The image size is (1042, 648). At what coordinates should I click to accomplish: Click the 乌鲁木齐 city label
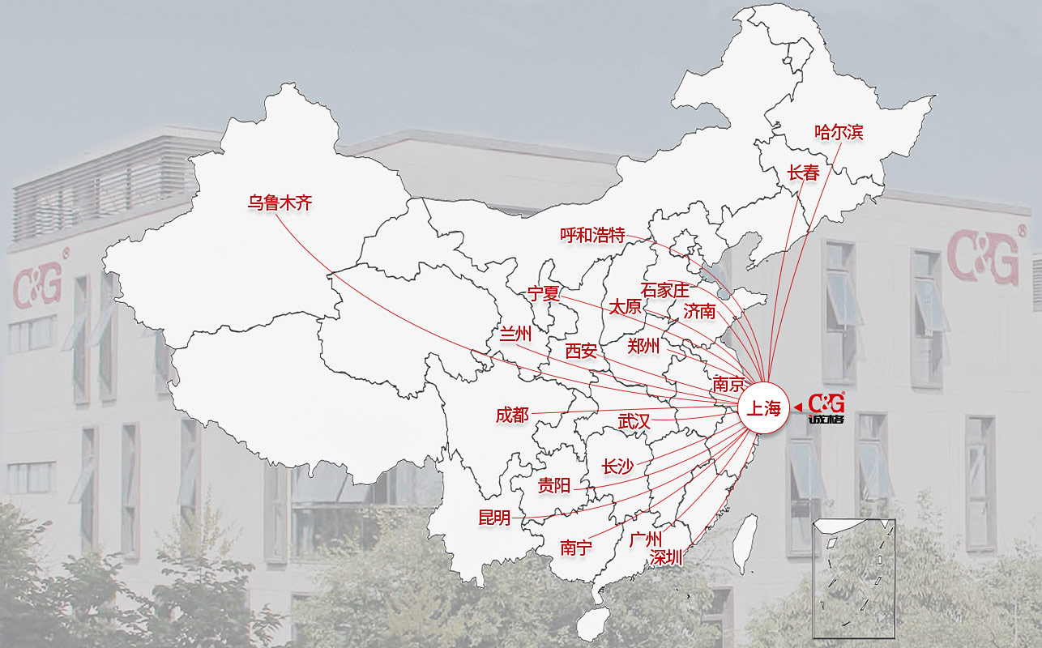[280, 203]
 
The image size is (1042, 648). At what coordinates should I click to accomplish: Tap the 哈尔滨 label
[839, 132]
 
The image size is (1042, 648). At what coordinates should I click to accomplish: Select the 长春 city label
[803, 173]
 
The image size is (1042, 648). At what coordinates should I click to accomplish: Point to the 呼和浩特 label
[592, 235]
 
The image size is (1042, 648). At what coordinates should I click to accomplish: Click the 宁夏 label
[544, 293]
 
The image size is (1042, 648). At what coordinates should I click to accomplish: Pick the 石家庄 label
[664, 290]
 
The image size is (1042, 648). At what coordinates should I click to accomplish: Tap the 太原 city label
[625, 307]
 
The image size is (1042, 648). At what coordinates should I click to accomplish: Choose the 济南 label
[699, 311]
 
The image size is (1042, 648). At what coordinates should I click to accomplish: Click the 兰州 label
[515, 334]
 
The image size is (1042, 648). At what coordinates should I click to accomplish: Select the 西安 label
[581, 351]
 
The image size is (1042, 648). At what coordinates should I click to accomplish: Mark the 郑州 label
[643, 347]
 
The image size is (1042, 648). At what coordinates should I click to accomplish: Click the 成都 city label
[512, 416]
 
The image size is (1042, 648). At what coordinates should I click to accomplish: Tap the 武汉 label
[634, 421]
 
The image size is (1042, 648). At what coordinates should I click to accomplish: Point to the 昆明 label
[495, 518]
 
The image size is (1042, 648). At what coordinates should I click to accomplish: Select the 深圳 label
[666, 557]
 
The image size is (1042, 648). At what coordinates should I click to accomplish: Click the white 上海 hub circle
[762, 408]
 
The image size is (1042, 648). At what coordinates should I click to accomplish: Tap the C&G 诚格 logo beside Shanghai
[826, 407]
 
